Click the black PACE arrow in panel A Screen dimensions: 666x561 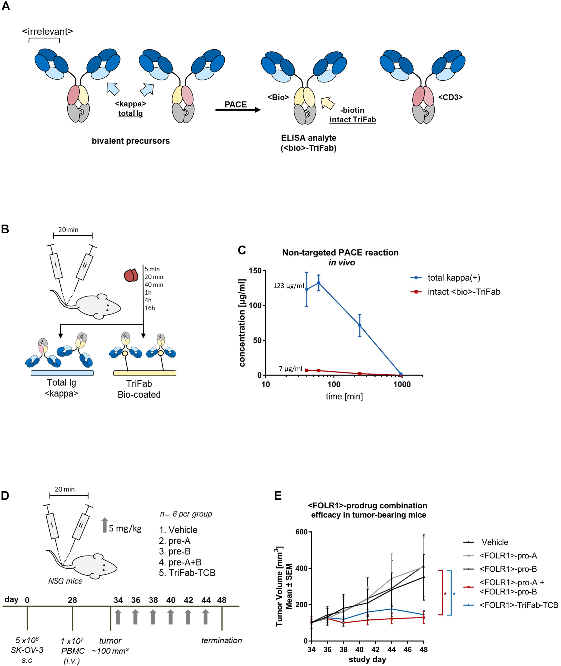point(238,110)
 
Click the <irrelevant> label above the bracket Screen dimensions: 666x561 point(47,32)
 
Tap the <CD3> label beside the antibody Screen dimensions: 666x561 point(450,97)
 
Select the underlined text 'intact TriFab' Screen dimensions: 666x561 point(352,120)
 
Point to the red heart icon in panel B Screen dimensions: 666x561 point(131,275)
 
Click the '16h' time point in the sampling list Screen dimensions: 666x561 point(150,308)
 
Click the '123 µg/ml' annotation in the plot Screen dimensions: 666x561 point(288,286)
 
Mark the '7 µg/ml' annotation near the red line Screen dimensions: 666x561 point(290,369)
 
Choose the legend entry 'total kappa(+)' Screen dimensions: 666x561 point(454,278)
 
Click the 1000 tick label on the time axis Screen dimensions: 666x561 point(402,385)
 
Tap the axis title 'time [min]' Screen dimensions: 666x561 point(344,397)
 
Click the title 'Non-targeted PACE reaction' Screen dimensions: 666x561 point(340,253)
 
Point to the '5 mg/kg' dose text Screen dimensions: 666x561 point(125,528)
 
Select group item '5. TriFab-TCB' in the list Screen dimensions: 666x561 point(187,572)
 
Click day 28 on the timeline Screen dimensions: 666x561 point(72,600)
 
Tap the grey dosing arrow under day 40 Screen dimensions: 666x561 point(171,617)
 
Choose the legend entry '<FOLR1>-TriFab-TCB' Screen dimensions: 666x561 point(518,605)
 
